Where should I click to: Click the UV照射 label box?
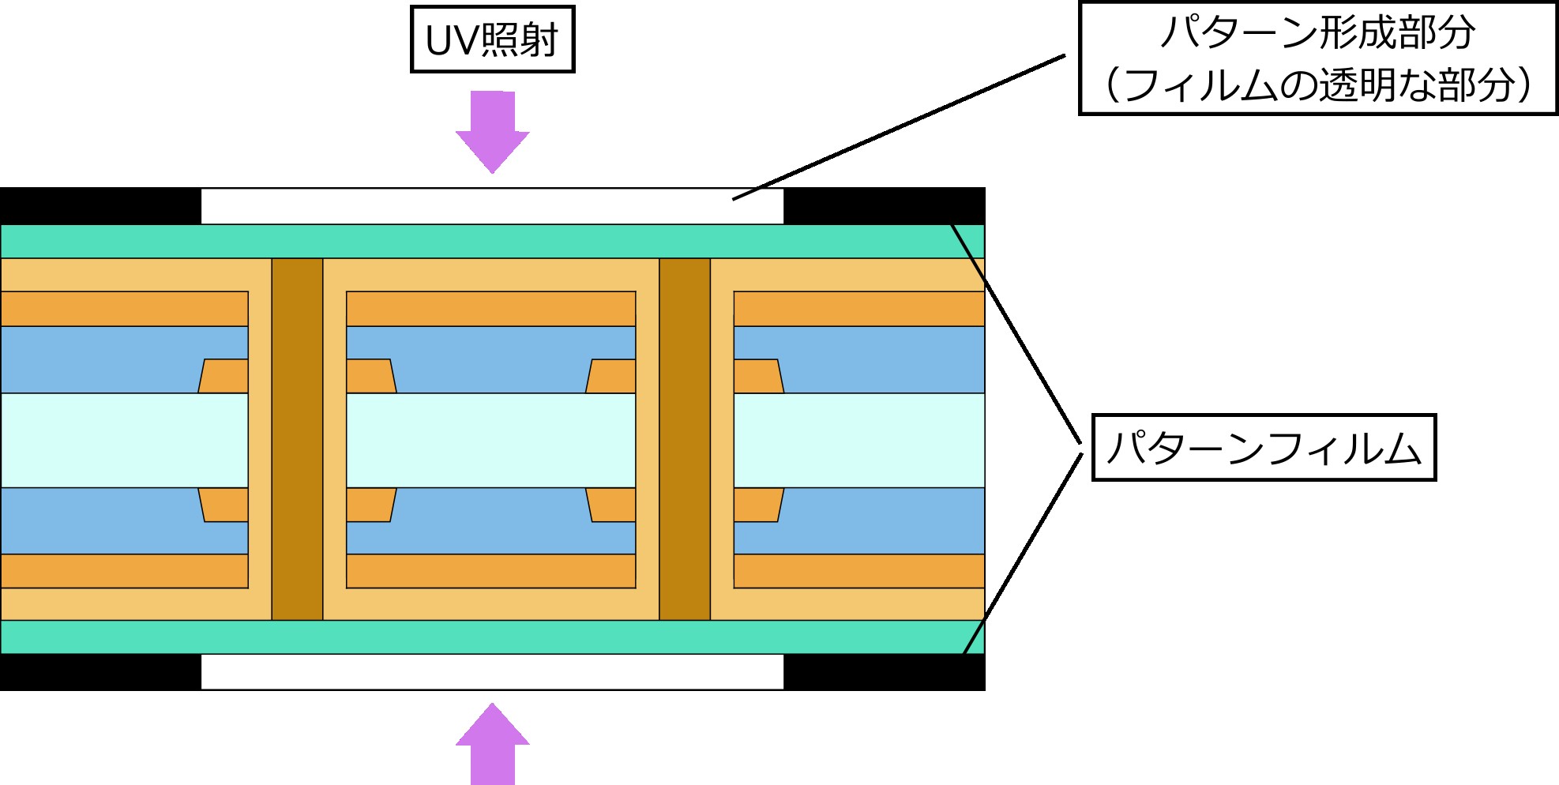click(x=492, y=39)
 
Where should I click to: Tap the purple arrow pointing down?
click(x=493, y=132)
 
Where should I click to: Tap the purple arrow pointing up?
click(x=493, y=744)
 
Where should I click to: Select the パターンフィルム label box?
click(x=1264, y=447)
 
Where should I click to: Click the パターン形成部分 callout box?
click(x=1317, y=58)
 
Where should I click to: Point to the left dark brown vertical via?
click(x=297, y=439)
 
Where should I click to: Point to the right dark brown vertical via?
click(x=685, y=439)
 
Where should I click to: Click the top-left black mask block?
click(x=100, y=206)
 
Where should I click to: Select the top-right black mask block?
click(x=885, y=206)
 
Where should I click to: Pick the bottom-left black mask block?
click(x=100, y=672)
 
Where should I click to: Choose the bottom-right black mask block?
click(x=885, y=672)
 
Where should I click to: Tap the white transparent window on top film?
click(x=492, y=206)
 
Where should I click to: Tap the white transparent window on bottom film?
click(x=492, y=672)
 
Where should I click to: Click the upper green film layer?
click(x=492, y=242)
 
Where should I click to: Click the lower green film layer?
click(x=492, y=637)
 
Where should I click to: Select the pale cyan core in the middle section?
click(x=491, y=440)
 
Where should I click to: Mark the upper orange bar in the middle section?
click(x=491, y=309)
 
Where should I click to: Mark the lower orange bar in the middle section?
click(x=491, y=571)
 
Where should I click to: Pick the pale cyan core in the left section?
click(x=124, y=440)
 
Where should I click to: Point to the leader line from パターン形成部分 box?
click(x=899, y=127)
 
